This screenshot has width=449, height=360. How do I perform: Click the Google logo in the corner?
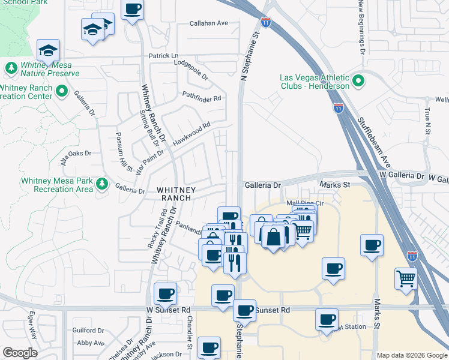19,353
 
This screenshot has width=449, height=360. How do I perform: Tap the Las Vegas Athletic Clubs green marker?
358,80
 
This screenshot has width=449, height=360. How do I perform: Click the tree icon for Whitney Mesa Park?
103,182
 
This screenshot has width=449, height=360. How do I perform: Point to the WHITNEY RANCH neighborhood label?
173,193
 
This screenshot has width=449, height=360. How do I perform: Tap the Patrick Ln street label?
164,56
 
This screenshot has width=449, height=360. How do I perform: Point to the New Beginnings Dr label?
363,27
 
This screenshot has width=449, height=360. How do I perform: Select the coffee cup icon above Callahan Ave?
133,10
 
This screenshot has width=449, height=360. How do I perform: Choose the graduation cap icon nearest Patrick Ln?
49,50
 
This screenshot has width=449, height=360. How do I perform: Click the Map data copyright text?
411,355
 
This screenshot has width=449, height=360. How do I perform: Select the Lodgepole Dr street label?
190,69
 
